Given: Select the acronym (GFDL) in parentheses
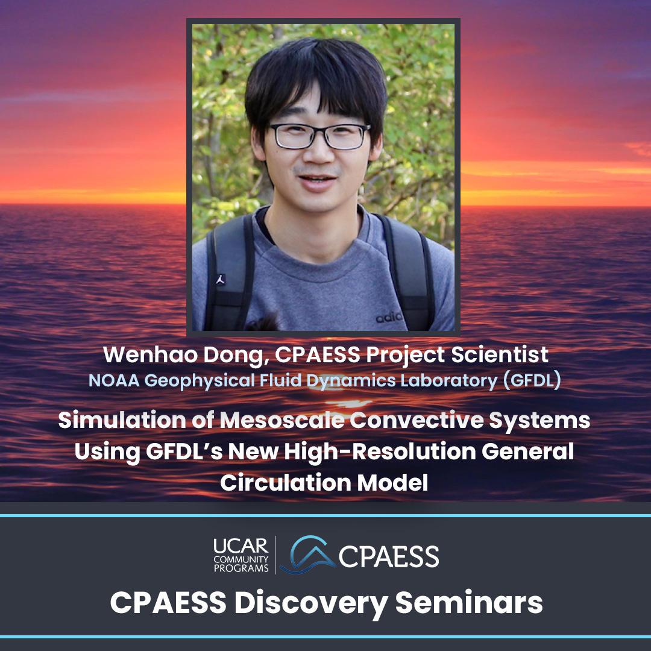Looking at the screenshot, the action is (532, 381).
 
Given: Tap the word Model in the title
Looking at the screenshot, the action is (392, 482).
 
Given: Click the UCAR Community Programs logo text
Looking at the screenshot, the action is (241, 555).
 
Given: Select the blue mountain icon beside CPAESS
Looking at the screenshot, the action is (307, 555).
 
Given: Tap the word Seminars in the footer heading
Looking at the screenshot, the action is (469, 603).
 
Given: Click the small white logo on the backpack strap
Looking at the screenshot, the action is (221, 280).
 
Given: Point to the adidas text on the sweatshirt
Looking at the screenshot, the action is (389, 318).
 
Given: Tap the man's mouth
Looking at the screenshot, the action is (317, 181).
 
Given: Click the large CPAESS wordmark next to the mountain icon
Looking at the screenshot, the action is (389, 556).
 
